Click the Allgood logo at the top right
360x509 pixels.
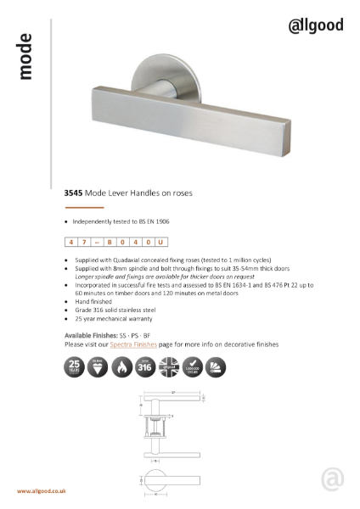click(x=314, y=25)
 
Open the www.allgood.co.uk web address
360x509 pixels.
click(x=42, y=491)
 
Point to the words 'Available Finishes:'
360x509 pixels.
click(x=89, y=336)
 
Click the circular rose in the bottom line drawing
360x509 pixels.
click(x=154, y=479)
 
